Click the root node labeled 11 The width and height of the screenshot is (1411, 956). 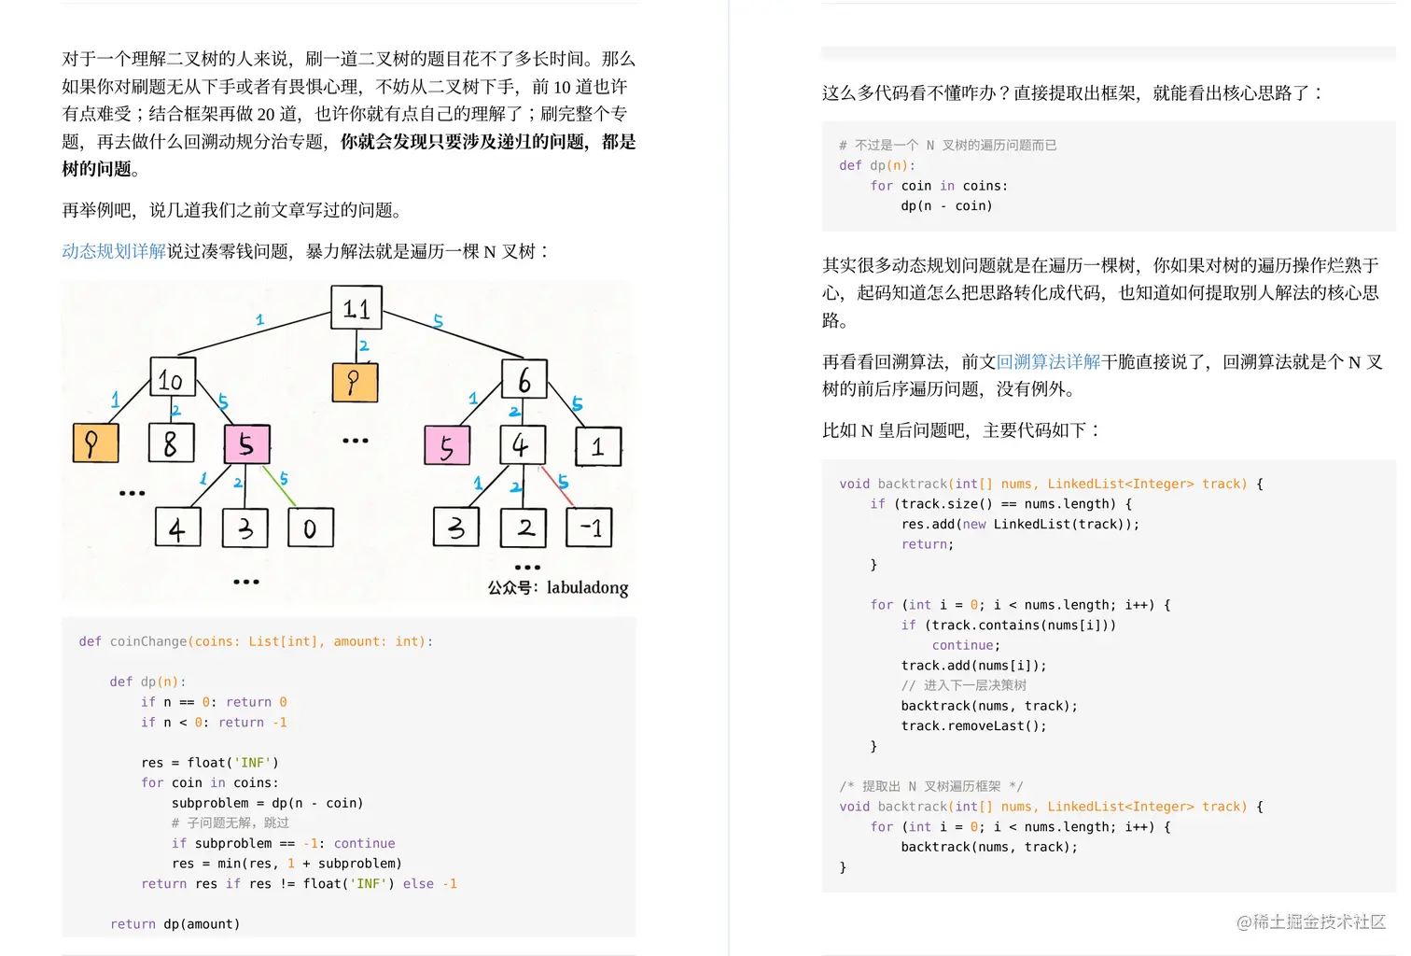tap(356, 307)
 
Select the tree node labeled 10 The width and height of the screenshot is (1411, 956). tap(173, 379)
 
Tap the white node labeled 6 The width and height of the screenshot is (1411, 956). tap(524, 379)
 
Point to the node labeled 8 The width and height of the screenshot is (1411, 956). tap(171, 443)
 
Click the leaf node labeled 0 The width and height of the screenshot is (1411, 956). tap(310, 528)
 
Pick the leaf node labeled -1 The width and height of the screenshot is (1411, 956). tap(590, 527)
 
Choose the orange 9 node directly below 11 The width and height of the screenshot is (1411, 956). tap(355, 382)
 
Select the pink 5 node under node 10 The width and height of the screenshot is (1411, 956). tap(246, 444)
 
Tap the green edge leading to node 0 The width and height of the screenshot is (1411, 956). tap(280, 487)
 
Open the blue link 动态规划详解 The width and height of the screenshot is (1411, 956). tap(114, 251)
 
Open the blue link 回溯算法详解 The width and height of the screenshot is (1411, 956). tap(1048, 361)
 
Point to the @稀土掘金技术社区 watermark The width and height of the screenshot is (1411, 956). tap(1310, 921)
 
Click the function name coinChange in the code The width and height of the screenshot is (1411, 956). tap(148, 641)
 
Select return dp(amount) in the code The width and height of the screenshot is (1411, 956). tap(175, 924)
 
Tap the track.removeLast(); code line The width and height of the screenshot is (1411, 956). tap(973, 725)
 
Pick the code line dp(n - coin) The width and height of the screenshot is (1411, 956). tap(946, 205)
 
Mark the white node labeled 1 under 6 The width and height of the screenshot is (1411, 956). tap(598, 446)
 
